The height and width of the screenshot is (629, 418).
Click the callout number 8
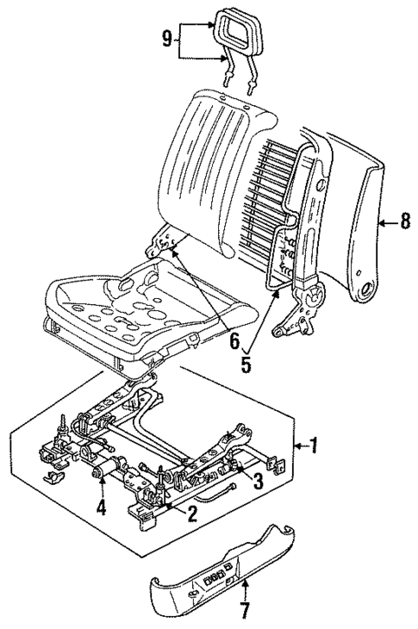coord(403,223)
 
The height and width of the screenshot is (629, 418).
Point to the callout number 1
coord(315,445)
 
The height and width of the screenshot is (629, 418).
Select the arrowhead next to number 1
coord(296,445)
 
